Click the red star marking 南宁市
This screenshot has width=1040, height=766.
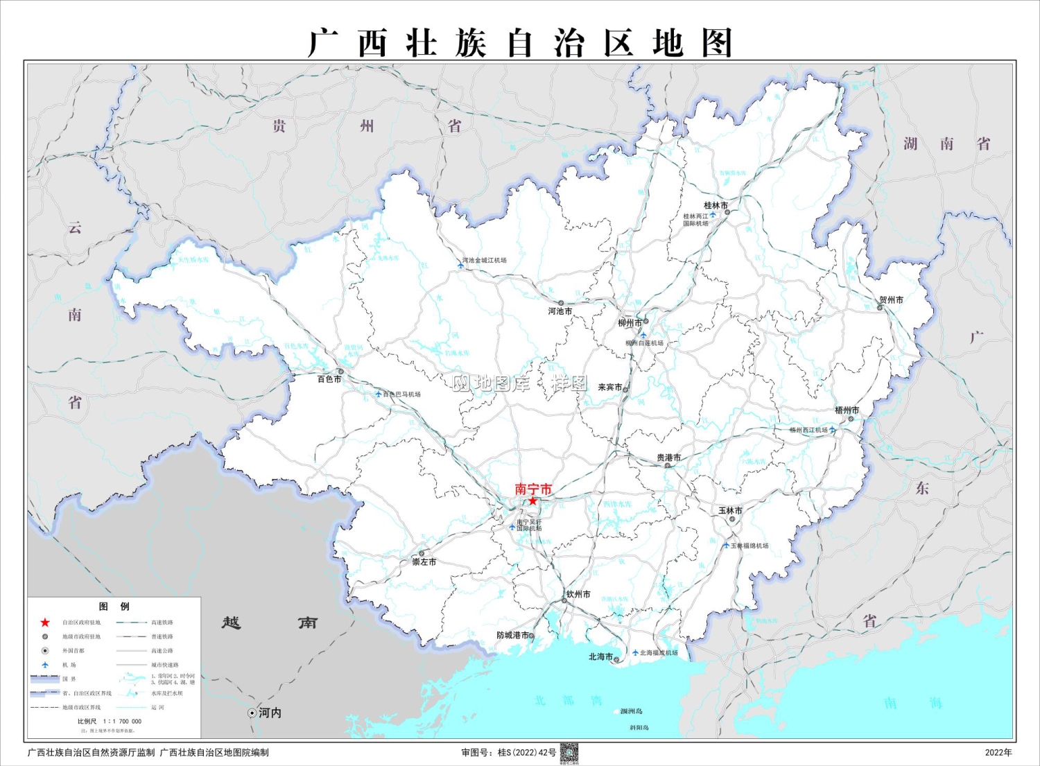tap(532, 500)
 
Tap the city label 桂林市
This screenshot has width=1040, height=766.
tap(716, 205)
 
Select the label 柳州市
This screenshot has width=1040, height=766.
tap(630, 323)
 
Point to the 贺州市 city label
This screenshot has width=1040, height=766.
tap(891, 300)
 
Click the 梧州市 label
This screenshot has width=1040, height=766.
tap(847, 410)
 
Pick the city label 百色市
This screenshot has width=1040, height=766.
tap(329, 379)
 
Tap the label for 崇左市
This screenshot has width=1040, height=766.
tap(424, 562)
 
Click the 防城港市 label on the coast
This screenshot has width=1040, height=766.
tap(513, 635)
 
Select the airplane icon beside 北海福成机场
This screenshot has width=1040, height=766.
tap(635, 652)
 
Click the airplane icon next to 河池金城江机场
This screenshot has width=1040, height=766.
tap(460, 264)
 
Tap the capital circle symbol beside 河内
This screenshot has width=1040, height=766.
tap(252, 713)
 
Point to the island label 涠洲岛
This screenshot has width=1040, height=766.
tap(631, 711)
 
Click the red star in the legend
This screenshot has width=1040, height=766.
tap(45, 623)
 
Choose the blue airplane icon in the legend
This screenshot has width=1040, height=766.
tap(45, 665)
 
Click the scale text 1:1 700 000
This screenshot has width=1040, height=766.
tap(122, 721)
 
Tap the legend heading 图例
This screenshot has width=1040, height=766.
tap(114, 607)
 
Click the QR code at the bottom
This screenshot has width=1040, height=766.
tap(569, 753)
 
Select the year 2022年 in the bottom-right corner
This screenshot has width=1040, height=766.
tap(998, 752)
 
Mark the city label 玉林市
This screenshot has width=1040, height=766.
tap(730, 510)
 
